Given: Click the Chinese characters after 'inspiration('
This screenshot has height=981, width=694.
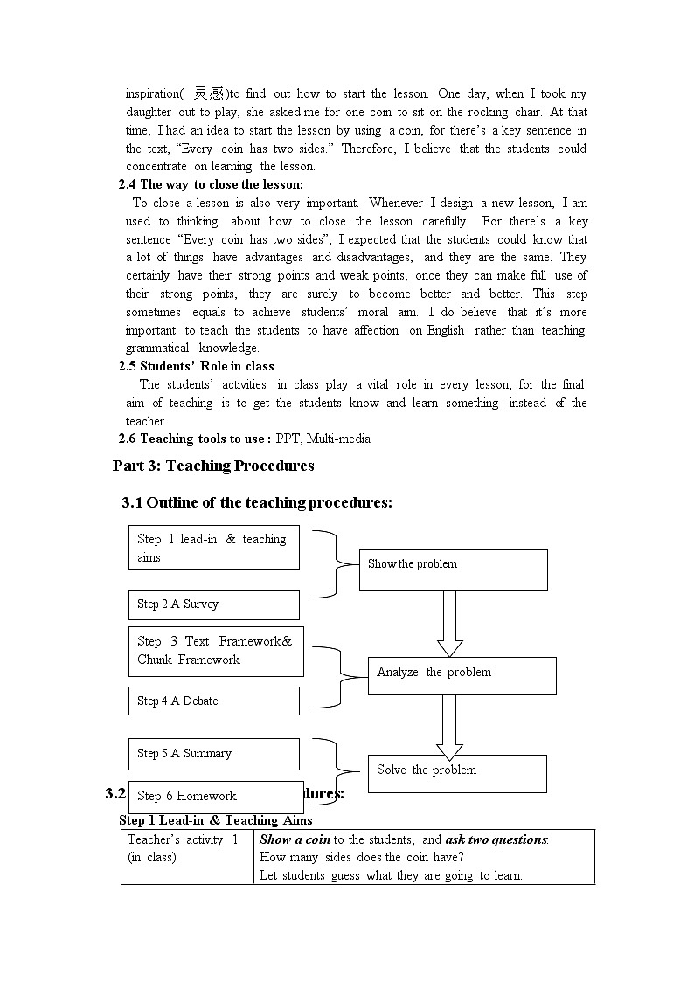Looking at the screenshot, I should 210,93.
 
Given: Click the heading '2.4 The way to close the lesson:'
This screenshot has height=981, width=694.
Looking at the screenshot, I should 211,184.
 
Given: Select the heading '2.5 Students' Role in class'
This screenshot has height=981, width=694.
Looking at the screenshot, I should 196,366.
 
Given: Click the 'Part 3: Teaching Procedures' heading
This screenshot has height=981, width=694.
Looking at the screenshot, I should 213,466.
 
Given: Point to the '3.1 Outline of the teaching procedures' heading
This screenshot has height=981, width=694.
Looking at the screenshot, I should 257,502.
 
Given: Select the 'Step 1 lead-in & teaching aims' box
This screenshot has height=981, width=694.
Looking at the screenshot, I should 213,548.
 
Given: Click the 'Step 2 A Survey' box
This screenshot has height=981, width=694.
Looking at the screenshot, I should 213,604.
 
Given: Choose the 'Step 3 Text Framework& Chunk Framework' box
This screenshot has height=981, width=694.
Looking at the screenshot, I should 216,651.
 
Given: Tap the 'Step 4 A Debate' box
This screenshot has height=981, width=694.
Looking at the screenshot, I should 213,701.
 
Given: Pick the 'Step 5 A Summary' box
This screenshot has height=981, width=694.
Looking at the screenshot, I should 213,753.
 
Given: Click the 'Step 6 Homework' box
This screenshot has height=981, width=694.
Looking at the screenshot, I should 215,796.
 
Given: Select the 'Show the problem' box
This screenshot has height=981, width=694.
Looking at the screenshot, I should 453,570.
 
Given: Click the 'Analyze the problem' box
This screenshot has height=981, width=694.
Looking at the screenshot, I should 462,675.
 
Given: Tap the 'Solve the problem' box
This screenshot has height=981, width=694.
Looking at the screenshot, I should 456,773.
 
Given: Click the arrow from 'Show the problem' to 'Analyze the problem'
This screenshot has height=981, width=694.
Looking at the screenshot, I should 449,623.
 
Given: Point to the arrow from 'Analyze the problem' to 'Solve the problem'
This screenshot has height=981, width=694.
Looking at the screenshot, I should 449,726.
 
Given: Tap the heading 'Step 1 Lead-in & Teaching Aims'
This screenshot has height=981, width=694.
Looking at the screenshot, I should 216,820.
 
